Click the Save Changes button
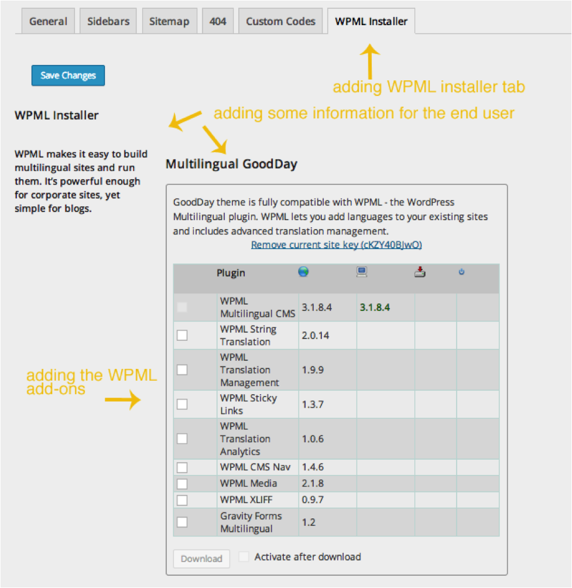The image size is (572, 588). [68, 76]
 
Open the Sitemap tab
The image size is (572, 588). [169, 21]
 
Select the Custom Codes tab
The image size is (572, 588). [280, 21]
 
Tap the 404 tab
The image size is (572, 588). [218, 21]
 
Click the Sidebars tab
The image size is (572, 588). [108, 21]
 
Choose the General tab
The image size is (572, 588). [48, 21]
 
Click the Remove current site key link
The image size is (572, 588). [336, 245]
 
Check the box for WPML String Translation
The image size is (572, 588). [182, 335]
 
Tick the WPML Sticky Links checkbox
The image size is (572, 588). [182, 404]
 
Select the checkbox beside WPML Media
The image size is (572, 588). [182, 484]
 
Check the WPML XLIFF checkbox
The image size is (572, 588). [182, 500]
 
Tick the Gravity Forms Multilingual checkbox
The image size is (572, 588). [182, 522]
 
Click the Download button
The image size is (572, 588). [201, 559]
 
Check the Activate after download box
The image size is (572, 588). [244, 557]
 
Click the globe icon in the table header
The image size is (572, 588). [303, 272]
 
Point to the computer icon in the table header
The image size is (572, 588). [362, 272]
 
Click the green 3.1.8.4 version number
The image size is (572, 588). [375, 307]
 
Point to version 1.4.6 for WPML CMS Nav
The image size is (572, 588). [313, 467]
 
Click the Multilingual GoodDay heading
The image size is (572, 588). [231, 164]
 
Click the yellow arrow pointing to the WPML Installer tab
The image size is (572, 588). [370, 61]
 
